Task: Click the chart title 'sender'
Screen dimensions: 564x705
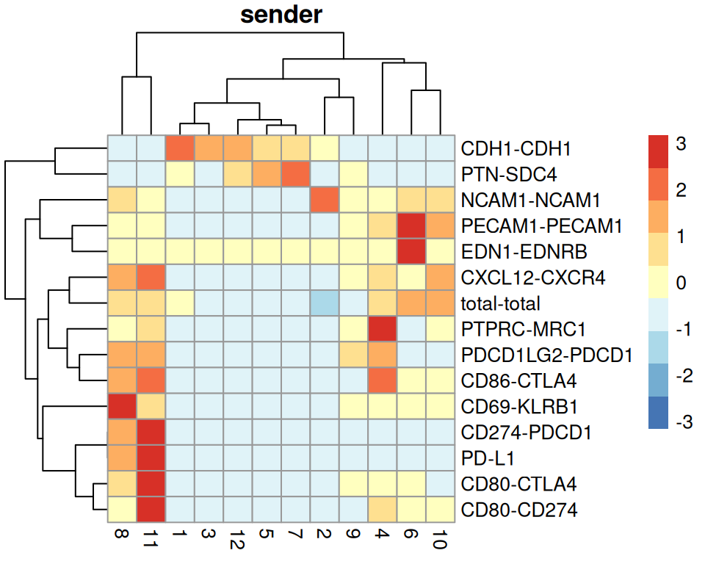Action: tap(281, 14)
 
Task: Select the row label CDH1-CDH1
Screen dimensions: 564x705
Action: tap(516, 148)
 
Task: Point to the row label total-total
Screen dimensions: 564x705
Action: tap(501, 303)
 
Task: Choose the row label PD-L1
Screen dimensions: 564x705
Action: tap(488, 458)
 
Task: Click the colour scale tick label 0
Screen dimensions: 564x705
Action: tap(681, 283)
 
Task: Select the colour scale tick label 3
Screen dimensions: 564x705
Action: tap(681, 145)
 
